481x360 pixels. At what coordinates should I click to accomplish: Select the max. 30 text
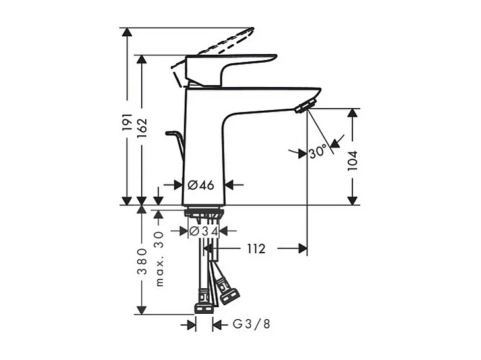tap(159, 258)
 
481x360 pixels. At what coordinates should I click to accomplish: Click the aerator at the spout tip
tap(305, 107)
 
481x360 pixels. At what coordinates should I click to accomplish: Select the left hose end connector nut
tap(203, 307)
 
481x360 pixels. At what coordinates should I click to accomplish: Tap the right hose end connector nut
tap(228, 294)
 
